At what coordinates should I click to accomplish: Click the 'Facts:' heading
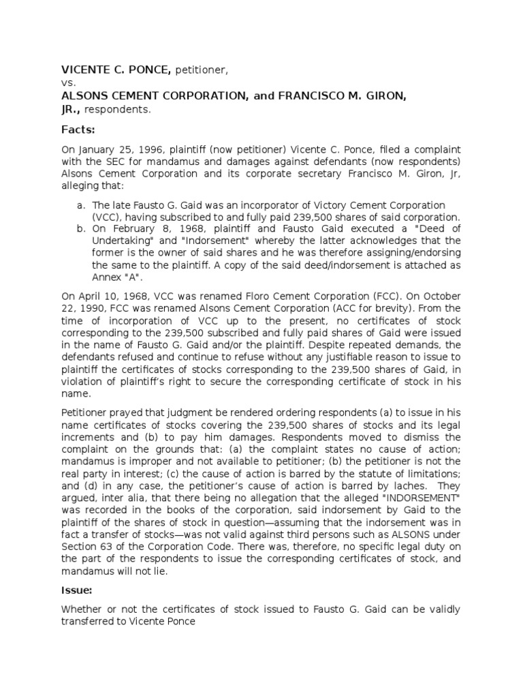pos(78,130)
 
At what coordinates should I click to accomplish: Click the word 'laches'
pos(406,486)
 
